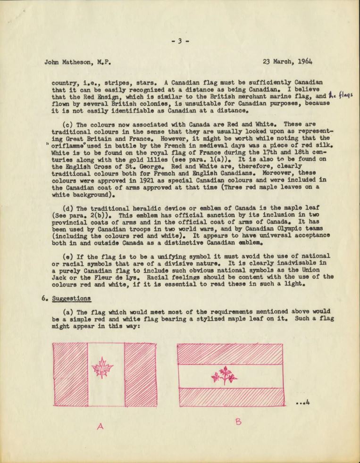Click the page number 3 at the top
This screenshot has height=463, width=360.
(x=180, y=41)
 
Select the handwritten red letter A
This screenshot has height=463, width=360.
(x=100, y=426)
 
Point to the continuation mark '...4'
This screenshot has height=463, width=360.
(x=302, y=402)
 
